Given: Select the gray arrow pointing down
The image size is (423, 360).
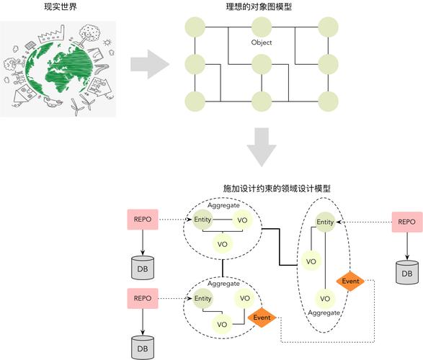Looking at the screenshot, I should [x=260, y=147].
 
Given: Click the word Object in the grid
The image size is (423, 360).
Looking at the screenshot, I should [x=261, y=42].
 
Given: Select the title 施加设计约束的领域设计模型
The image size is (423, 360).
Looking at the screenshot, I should [x=277, y=188].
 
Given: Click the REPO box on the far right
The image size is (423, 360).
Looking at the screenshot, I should [x=406, y=222].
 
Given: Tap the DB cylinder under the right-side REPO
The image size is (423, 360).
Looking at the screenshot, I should [x=406, y=272].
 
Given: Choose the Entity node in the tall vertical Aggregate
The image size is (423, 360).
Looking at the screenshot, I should [x=326, y=222].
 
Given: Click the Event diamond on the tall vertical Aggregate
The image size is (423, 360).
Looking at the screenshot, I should [x=351, y=281].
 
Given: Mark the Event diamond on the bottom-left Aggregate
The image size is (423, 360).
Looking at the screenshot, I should [x=262, y=317].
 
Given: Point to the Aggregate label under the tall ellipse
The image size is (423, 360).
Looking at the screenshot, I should [x=324, y=313].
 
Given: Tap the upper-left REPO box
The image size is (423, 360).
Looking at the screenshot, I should [x=142, y=220].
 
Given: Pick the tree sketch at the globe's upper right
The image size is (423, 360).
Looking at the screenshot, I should [x=89, y=32].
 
